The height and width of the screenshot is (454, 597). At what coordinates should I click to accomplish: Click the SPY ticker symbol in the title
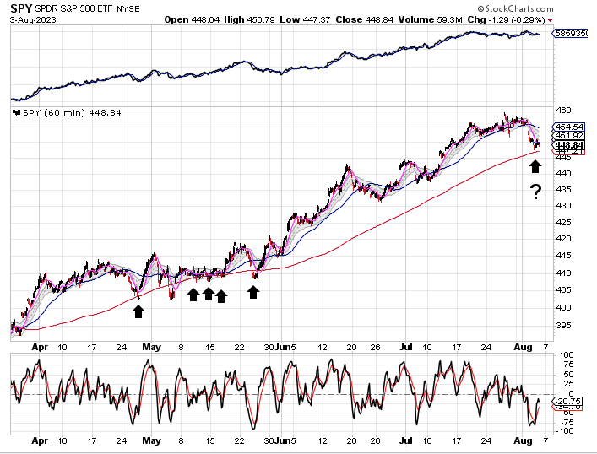tap(22, 8)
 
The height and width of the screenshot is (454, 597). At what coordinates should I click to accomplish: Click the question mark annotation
tap(535, 192)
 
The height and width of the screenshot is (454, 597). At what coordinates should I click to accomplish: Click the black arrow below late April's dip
tap(138, 311)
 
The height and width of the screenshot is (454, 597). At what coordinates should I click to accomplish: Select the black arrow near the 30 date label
tap(252, 292)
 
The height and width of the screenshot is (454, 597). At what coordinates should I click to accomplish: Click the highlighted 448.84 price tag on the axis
tap(565, 144)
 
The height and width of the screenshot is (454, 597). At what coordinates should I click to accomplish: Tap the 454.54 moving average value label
tap(565, 127)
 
